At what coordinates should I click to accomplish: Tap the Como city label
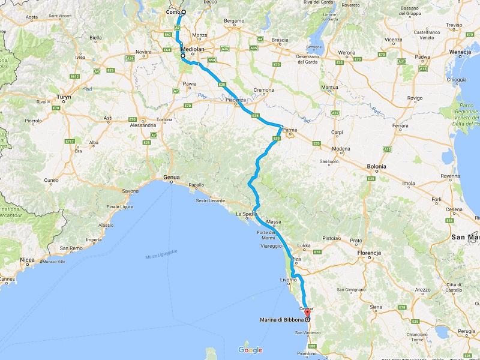pos(174,12)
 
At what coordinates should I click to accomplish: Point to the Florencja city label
pos(369,253)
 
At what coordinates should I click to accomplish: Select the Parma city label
pos(290,130)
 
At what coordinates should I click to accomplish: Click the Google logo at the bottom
pos(250,350)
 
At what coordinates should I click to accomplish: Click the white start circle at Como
pos(184,12)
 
